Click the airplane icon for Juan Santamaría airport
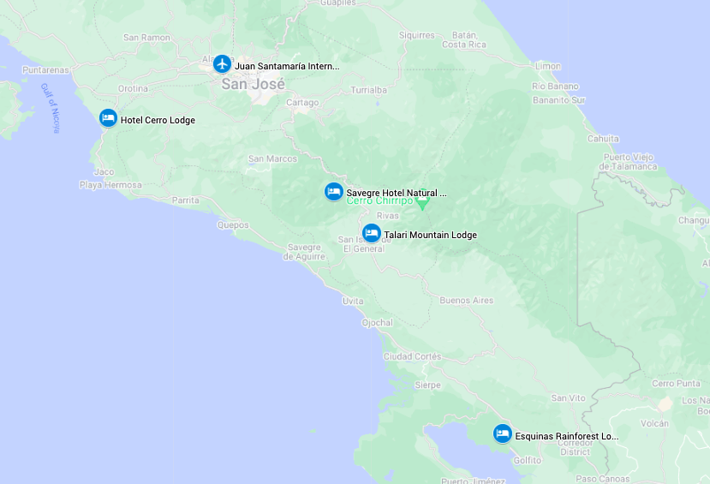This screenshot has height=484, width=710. coord(223,63)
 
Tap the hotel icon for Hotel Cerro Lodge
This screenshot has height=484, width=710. coord(108,118)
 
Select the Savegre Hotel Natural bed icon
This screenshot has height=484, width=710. coord(334,192)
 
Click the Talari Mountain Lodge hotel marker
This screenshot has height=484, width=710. coord(372,233)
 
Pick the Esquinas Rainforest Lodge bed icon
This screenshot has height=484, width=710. coord(503,434)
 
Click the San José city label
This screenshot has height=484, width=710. coord(253,84)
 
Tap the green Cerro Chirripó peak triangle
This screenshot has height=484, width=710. coord(422,204)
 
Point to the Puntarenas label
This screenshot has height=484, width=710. coord(46,70)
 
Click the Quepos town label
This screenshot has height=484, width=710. coord(233,225)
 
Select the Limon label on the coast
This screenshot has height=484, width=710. coord(547,66)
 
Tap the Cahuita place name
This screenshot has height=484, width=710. coord(603,138)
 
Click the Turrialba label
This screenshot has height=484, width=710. coord(369,90)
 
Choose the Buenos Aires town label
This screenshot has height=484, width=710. coord(466,301)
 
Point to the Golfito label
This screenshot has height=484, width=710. coord(527,460)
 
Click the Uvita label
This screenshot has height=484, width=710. coord(353,301)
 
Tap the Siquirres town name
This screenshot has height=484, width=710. coord(417,35)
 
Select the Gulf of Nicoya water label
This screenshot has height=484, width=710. coord(51,108)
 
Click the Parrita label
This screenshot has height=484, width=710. coord(186,200)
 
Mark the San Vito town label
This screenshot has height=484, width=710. coord(568,397)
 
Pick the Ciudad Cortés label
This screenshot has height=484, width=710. coord(412,356)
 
